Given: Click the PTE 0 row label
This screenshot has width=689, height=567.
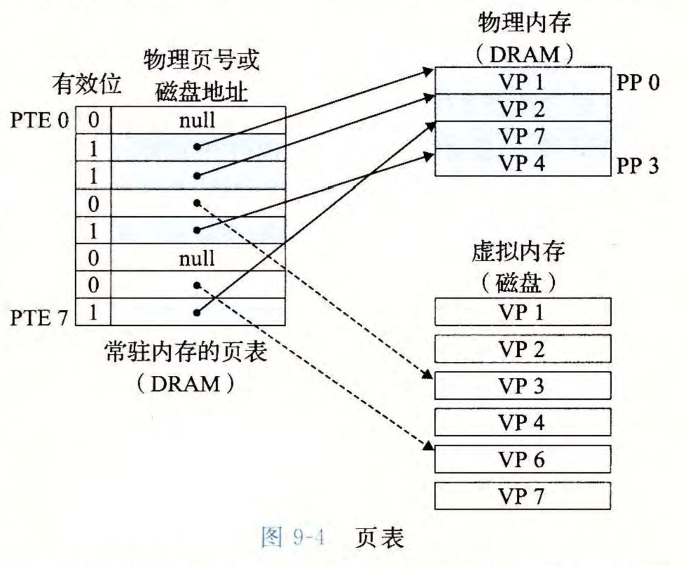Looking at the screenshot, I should point(39,120).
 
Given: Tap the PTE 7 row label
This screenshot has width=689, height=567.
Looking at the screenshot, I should point(39,317).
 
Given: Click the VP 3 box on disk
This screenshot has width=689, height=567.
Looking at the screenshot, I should point(522,386).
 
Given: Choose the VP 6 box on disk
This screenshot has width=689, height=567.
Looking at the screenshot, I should point(522,459).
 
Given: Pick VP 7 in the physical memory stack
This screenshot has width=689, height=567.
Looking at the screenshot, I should point(522,135).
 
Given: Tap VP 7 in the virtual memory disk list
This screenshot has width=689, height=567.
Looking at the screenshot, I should point(522,496).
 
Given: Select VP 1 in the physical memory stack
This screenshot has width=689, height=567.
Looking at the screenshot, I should point(522,81).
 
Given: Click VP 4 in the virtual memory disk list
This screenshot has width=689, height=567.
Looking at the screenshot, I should point(522,422).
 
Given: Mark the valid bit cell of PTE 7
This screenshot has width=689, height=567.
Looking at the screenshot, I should point(93,312).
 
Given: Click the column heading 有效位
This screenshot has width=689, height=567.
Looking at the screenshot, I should point(87,85).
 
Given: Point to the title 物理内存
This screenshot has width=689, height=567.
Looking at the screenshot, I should point(525,23).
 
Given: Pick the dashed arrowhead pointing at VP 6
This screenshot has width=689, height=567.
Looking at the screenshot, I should point(428,446).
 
